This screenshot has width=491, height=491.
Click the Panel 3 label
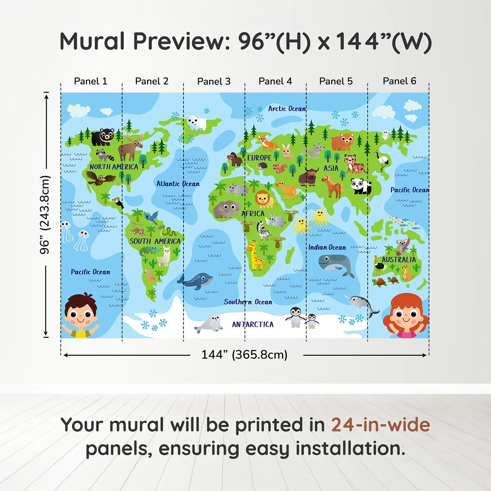(214, 81)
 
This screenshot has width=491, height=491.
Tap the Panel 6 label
(399, 81)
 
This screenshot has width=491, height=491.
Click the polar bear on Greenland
(196, 122)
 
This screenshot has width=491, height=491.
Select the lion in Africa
(264, 199)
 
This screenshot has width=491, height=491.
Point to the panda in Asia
(361, 186)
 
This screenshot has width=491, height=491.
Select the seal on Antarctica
(210, 323)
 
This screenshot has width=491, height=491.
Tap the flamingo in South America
(150, 278)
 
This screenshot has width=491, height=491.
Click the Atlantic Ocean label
(178, 184)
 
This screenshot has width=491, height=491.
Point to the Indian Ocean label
(327, 247)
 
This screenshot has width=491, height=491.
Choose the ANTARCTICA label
(253, 324)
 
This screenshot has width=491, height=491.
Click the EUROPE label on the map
(259, 158)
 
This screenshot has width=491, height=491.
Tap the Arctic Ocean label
(287, 109)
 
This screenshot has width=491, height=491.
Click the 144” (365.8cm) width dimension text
(244, 355)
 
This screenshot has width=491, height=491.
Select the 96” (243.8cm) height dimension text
(45, 215)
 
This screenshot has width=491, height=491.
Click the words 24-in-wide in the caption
(380, 425)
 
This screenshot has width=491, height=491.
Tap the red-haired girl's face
(405, 316)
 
